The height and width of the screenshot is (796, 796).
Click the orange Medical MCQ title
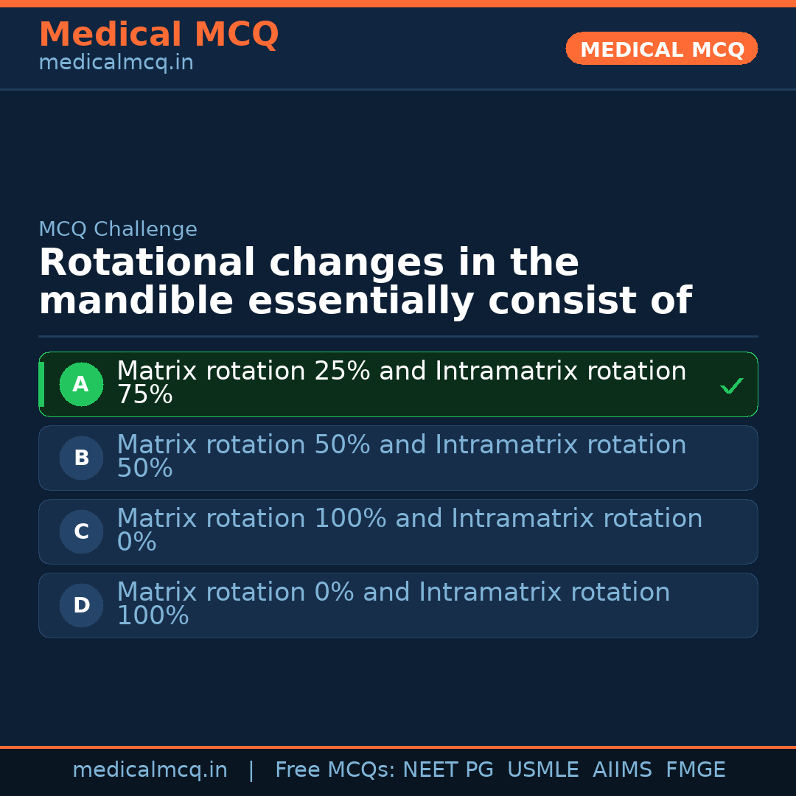[158, 35]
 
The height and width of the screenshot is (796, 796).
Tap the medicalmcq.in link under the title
[116, 63]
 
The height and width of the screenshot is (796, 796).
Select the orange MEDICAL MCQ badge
[661, 49]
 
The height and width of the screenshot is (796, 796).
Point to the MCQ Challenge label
[118, 230]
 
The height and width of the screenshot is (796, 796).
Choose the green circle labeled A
[81, 384]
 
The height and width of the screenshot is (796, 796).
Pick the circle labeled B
[81, 458]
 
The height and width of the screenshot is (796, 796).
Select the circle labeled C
[81, 531]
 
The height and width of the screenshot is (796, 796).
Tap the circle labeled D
[81, 605]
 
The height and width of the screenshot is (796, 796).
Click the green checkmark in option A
[731, 385]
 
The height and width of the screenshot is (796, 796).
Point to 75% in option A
[144, 396]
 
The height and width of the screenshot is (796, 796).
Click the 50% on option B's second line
[144, 469]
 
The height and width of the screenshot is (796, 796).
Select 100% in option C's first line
[350, 519]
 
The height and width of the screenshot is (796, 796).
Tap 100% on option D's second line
[153, 617]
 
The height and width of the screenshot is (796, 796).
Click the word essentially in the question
[361, 302]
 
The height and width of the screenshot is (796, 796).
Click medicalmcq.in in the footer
[150, 770]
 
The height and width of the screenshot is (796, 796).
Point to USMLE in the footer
[542, 770]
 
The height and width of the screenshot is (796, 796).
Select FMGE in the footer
[695, 770]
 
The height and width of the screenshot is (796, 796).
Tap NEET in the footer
[430, 770]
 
